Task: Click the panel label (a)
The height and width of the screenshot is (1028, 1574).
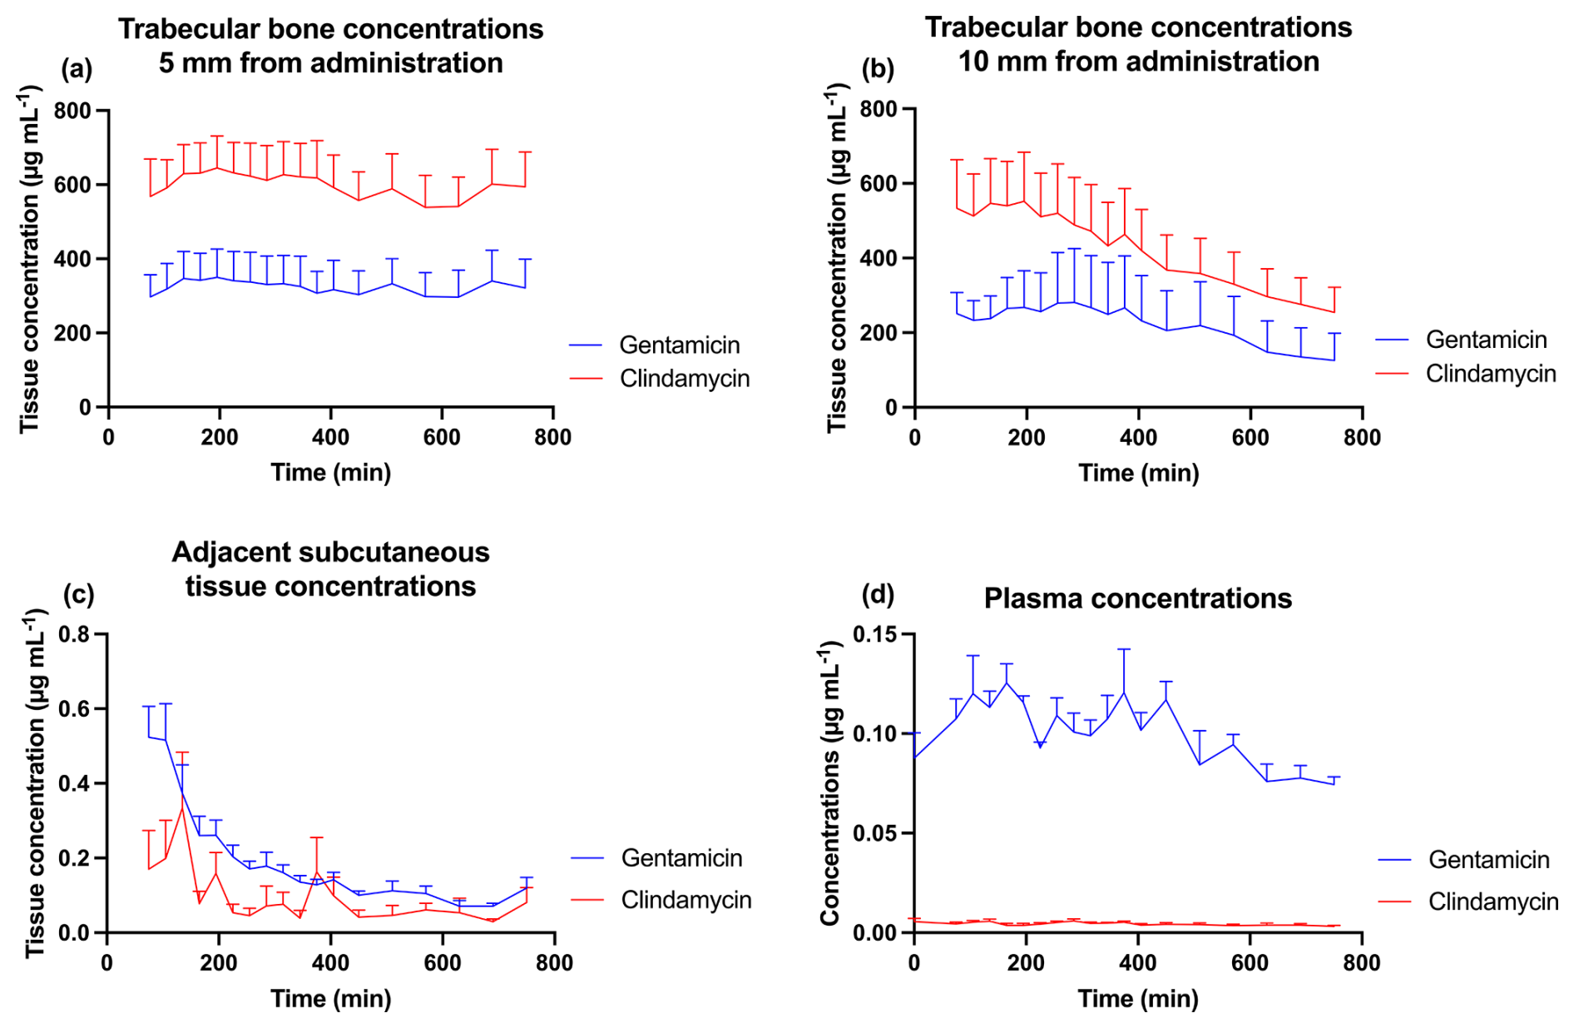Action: point(77,69)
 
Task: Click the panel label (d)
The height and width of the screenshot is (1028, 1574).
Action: point(878,594)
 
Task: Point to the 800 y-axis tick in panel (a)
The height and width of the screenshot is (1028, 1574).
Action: point(72,111)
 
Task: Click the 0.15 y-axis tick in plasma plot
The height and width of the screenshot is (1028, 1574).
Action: point(877,635)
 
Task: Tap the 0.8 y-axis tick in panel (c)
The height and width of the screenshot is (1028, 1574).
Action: point(75,635)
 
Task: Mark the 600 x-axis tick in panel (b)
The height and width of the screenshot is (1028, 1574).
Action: point(1250,438)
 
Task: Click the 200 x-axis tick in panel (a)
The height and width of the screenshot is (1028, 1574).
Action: point(220,438)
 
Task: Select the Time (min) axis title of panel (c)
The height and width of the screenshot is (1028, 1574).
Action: point(330,998)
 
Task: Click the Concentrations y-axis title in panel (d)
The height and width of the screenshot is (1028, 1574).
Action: point(830,782)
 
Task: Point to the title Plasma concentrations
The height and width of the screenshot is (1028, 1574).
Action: point(1137,598)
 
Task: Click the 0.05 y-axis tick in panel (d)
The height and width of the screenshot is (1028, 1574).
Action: point(877,833)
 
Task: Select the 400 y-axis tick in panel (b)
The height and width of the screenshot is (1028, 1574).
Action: point(879,259)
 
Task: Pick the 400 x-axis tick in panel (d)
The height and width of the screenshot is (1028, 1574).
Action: point(1138,963)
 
